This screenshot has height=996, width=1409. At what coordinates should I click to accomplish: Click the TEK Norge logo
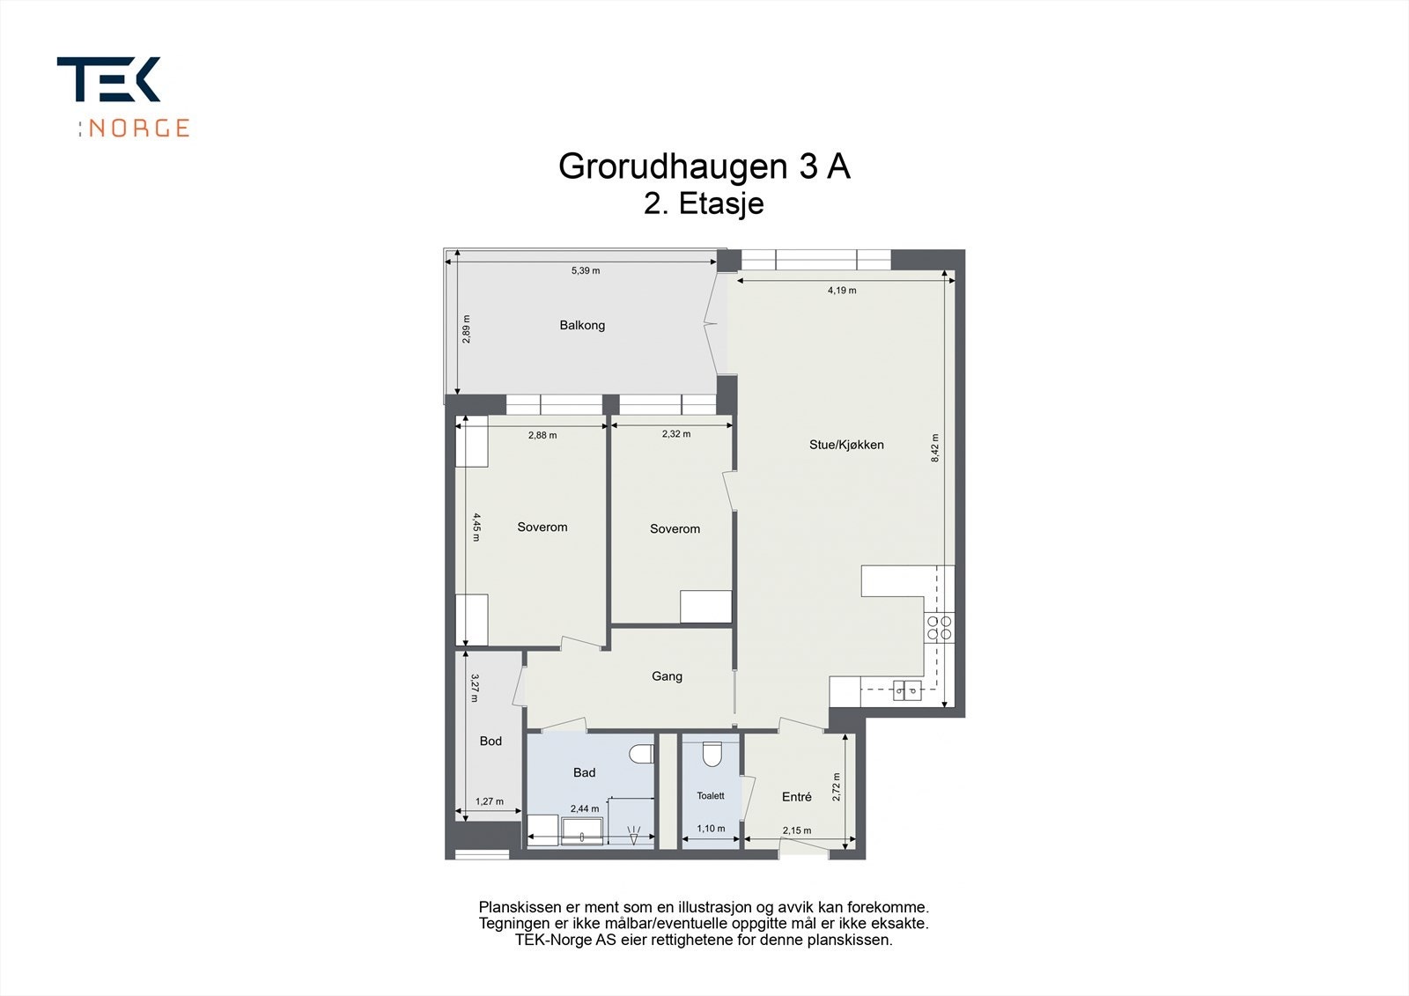tap(123, 97)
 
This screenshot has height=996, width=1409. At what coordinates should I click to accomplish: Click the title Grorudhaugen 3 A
tap(704, 166)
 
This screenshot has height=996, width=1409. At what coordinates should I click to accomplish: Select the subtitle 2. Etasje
tap(704, 204)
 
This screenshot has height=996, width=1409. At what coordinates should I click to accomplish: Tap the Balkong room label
tap(582, 325)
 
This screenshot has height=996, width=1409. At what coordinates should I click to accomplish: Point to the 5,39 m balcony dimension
tap(585, 270)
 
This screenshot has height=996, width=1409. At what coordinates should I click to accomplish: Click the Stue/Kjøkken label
tap(846, 445)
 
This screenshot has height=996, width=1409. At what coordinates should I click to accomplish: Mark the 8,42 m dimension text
tap(934, 448)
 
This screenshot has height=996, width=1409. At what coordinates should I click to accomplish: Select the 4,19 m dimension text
tap(841, 290)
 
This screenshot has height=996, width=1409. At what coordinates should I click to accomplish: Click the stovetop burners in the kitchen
tap(939, 626)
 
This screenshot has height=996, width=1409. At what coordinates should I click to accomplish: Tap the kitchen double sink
tap(906, 690)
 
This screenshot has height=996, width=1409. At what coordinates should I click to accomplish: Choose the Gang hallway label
tap(667, 676)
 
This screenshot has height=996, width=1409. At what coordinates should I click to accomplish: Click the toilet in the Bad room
tap(642, 753)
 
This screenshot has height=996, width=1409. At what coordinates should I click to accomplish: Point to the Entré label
tap(796, 796)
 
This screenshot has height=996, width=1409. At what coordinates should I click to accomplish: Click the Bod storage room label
tap(491, 741)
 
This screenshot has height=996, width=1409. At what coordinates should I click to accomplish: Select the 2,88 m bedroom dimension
tap(542, 435)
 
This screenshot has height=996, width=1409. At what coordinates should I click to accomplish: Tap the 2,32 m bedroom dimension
tap(675, 434)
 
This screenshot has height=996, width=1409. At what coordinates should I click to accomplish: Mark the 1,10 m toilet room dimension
tap(711, 829)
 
